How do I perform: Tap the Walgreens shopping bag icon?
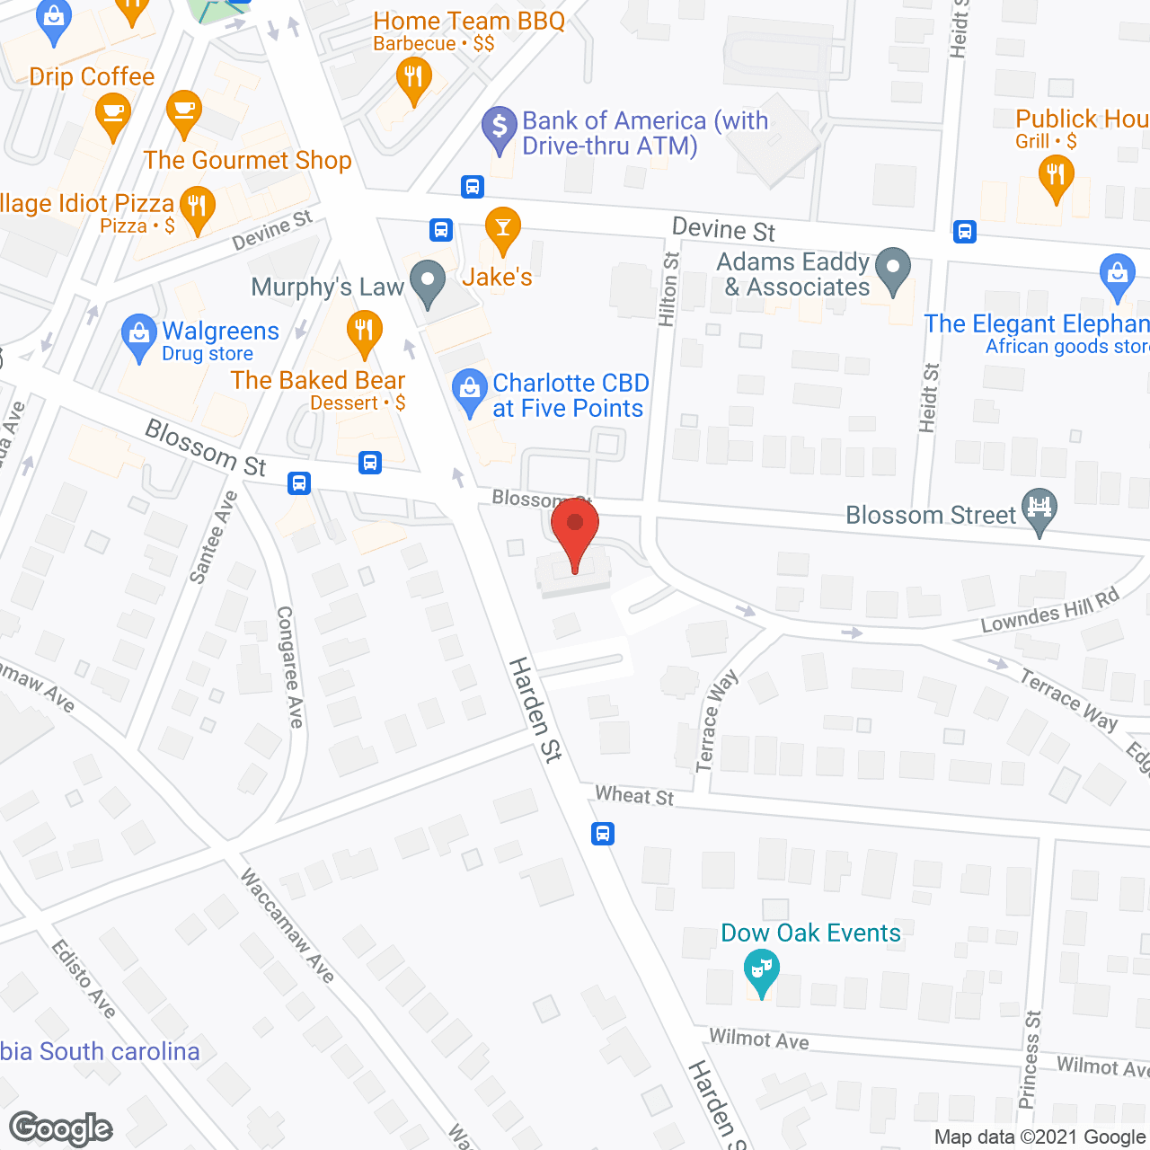138,335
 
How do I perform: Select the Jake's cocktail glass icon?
502,229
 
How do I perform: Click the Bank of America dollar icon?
499,128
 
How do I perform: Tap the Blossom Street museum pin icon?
1039,509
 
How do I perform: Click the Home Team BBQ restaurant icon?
413,79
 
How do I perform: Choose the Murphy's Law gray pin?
428,282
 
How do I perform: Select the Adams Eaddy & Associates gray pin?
892,270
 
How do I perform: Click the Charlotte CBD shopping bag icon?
468,391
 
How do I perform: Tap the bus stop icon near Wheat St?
603,834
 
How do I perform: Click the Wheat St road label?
634,796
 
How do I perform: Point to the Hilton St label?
668,287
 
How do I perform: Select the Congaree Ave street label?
289,667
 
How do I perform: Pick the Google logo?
61,1128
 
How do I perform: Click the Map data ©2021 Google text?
1040,1137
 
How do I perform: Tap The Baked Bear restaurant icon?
364,332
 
